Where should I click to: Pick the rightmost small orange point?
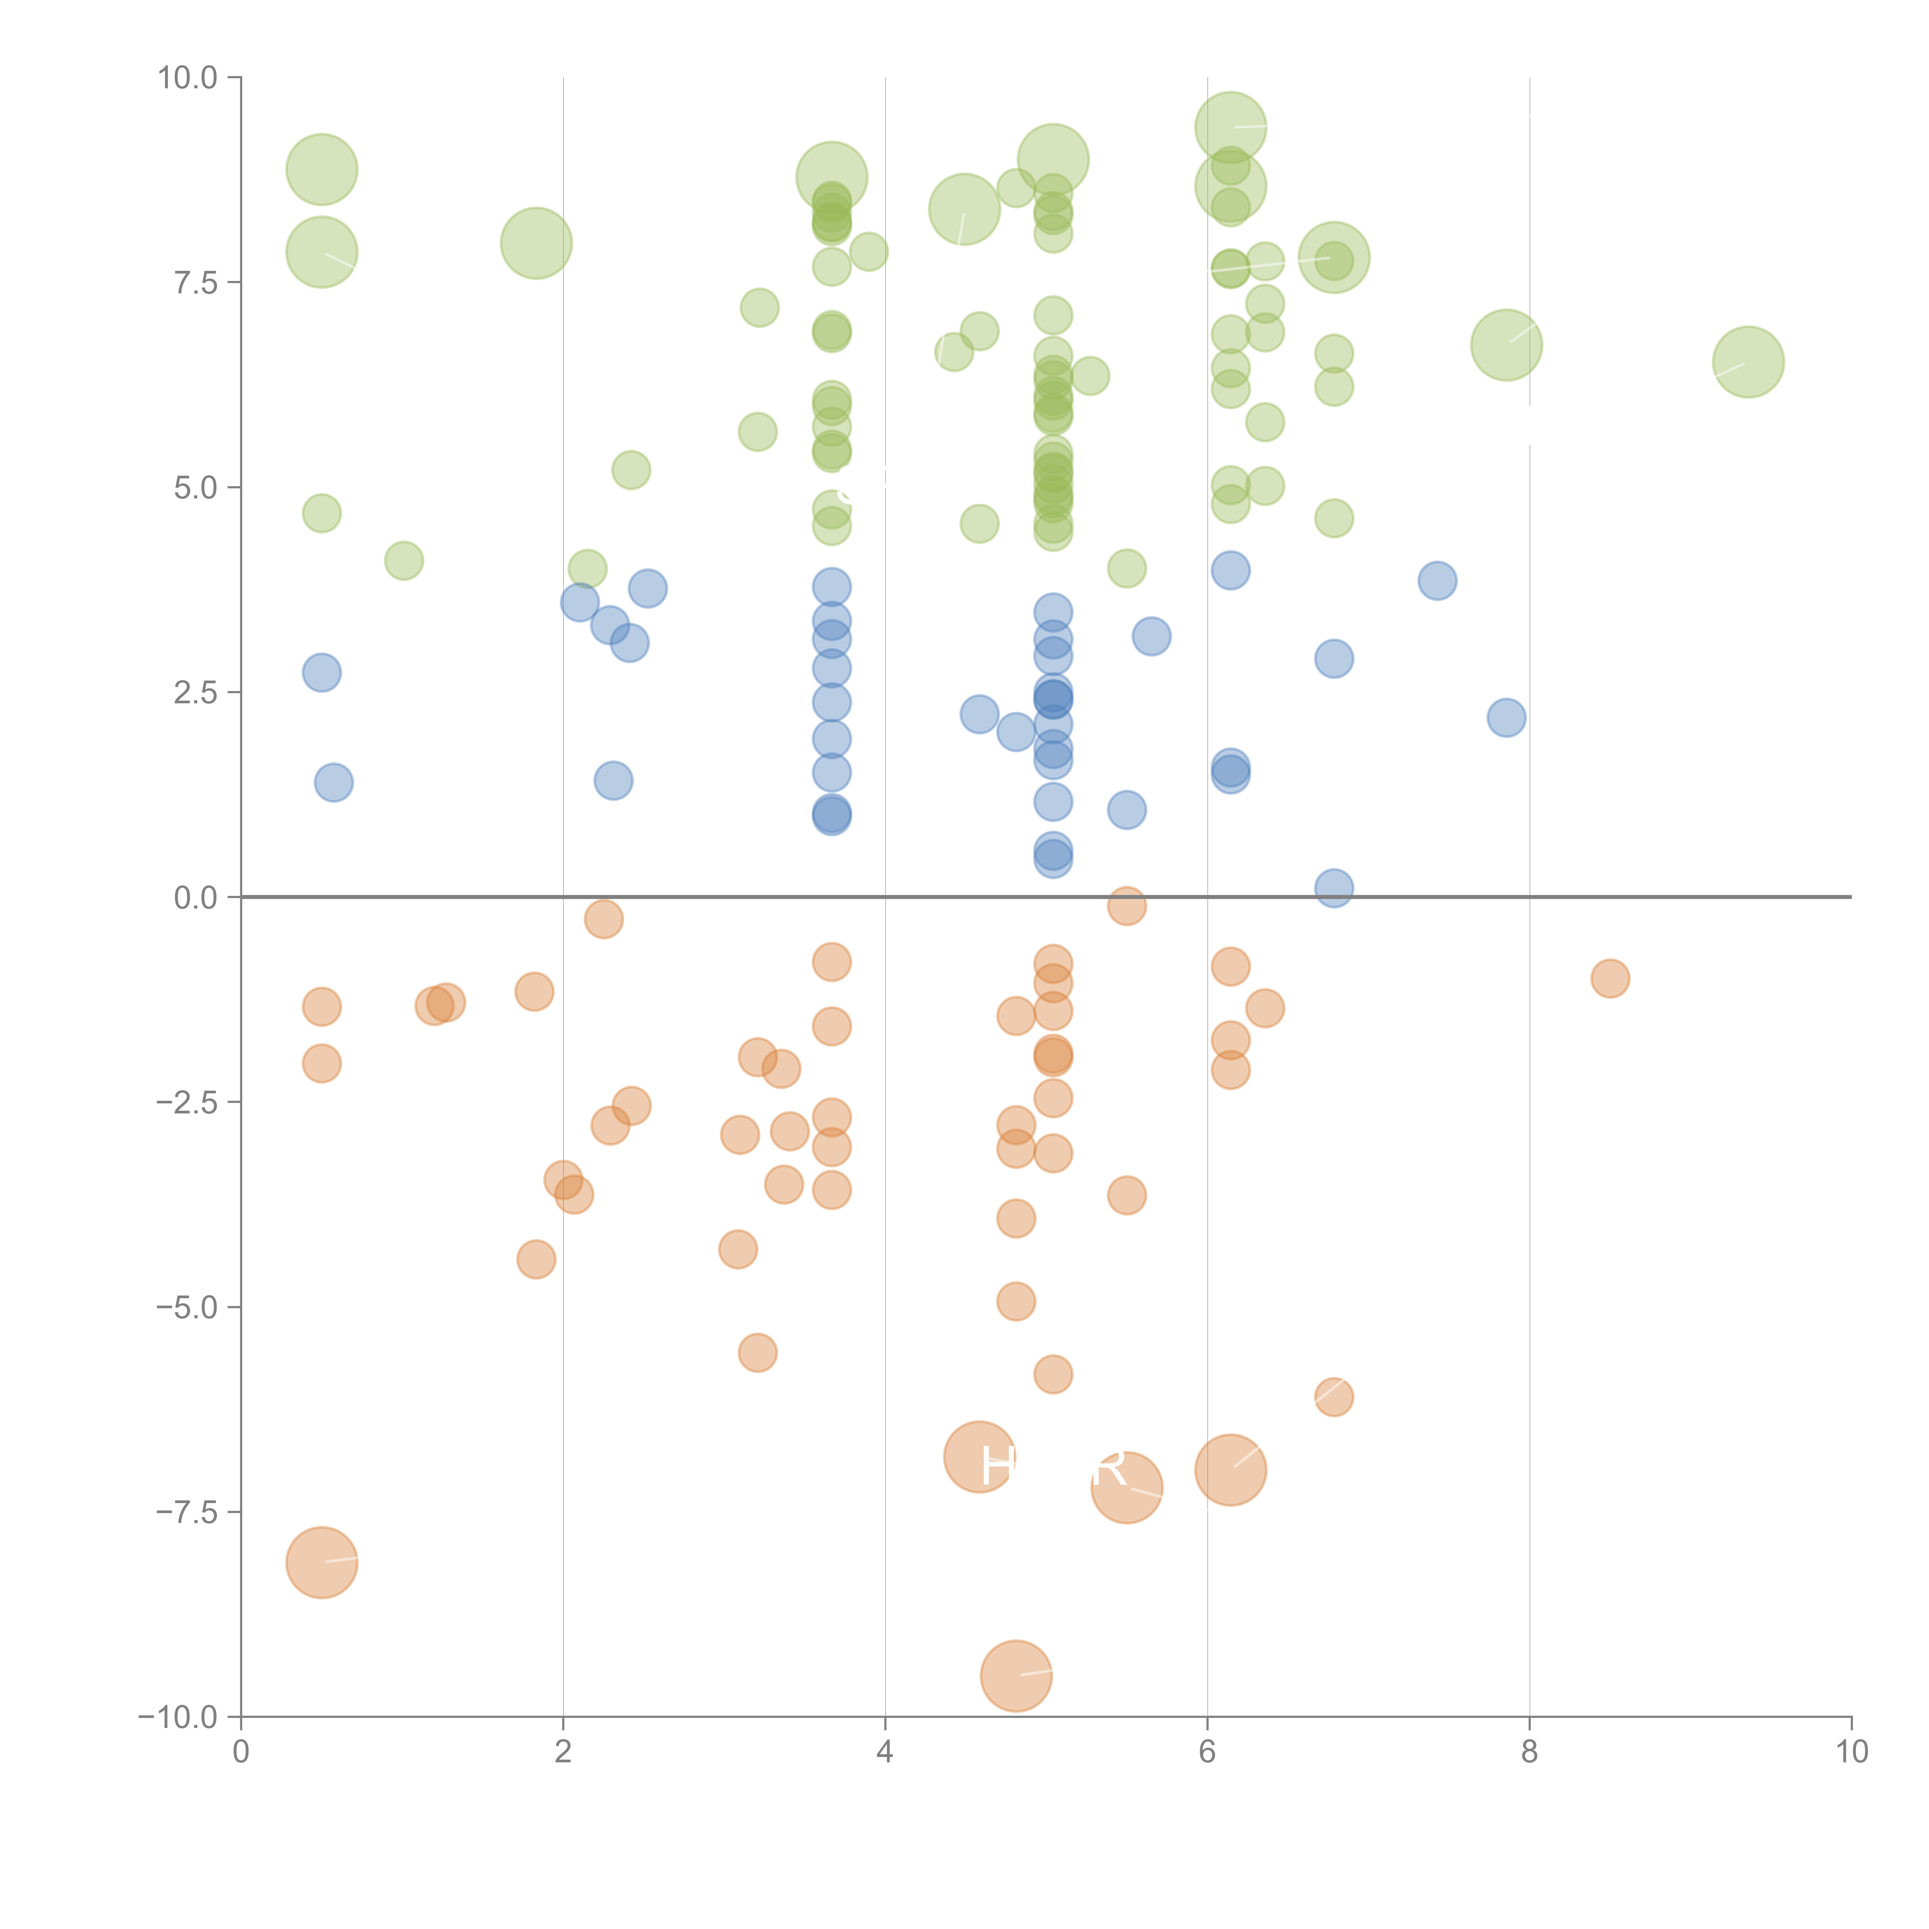[x=1610, y=978]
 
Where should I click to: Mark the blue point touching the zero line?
[x=1334, y=888]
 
